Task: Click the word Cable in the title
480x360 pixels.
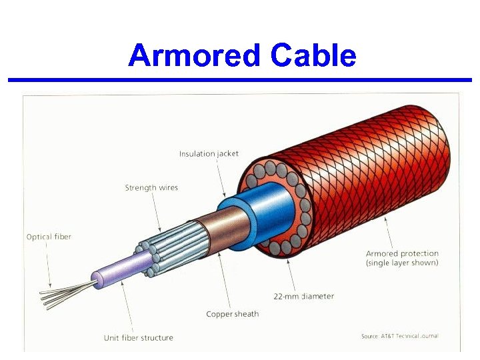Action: tap(313, 55)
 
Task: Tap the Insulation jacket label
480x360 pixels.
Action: tap(209, 153)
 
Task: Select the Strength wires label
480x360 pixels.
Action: tap(151, 187)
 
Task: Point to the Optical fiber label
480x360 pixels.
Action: tap(49, 237)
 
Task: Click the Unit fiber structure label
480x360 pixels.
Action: tap(138, 338)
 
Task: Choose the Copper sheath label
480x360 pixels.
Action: tap(232, 314)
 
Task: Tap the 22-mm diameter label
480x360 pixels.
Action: tap(304, 296)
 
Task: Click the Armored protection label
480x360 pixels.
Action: tap(402, 253)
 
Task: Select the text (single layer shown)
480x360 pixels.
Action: tap(402, 263)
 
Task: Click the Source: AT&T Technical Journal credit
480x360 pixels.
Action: tap(400, 336)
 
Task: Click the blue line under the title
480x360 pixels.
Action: tap(240, 80)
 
